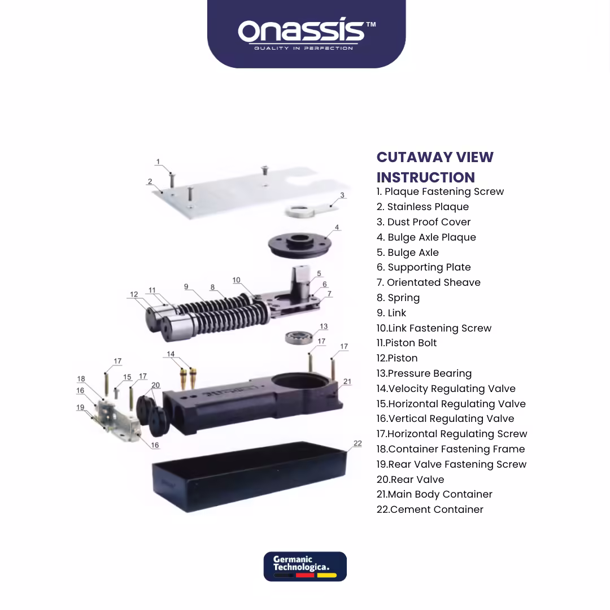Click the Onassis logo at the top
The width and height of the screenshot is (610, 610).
pos(307,34)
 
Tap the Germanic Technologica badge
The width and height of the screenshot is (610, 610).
pos(305,567)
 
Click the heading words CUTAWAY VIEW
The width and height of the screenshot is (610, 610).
pos(435,157)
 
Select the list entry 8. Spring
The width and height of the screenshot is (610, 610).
pos(398,298)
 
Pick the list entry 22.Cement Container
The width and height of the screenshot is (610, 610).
pos(430,509)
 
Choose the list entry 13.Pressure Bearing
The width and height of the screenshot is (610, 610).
pos(424,373)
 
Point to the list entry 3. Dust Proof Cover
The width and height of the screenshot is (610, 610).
pos(424,222)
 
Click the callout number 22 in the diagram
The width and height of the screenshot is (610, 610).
pos(358,443)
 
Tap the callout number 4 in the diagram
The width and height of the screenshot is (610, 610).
pos(337,227)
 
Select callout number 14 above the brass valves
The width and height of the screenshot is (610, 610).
pos(171,354)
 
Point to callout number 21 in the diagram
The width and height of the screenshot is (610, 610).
pos(347,382)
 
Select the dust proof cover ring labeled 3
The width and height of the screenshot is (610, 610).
pos(299,212)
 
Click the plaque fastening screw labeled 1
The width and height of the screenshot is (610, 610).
pos(172,180)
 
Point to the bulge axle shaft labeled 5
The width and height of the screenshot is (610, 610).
pos(300,282)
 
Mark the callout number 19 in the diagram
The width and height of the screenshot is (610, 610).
pos(80,407)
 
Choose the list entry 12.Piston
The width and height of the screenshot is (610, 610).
pos(397,358)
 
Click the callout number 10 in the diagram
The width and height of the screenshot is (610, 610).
pos(236,280)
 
